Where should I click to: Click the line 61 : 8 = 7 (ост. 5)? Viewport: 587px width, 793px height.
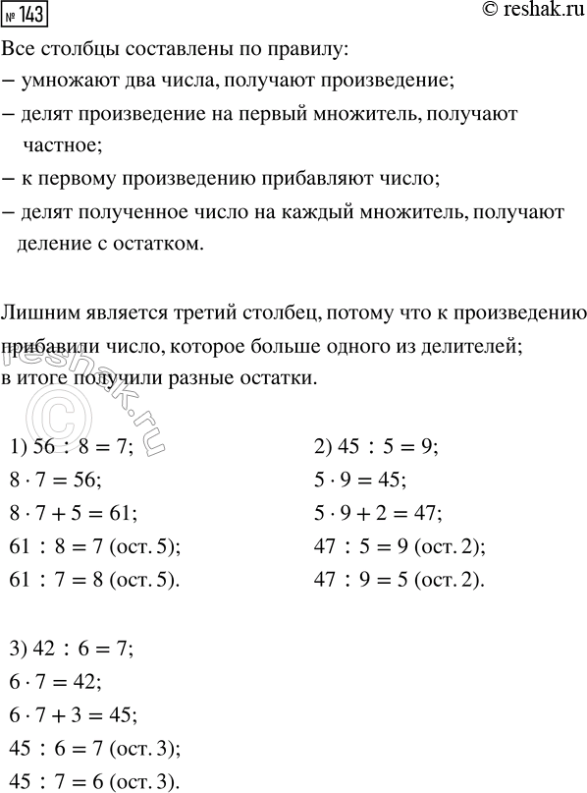click(95, 545)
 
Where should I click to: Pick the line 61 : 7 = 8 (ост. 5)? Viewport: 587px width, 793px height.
click(95, 580)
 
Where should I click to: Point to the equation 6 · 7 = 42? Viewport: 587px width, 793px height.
click(56, 682)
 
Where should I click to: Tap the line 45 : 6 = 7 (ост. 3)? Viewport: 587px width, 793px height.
click(95, 750)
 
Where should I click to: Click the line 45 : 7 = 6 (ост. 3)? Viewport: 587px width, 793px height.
click(95, 783)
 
